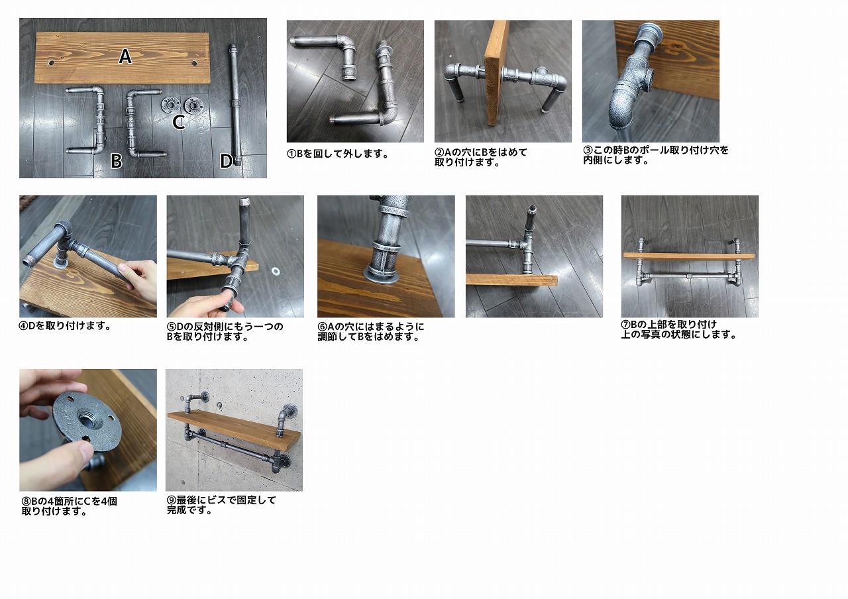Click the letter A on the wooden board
coord(125,56)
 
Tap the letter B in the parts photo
coord(117,161)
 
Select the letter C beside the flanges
coord(179,122)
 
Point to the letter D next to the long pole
coord(226,161)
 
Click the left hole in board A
coord(51,62)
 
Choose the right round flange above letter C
coord(193,105)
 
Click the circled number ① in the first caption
coord(291,154)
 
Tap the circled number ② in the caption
coord(439,152)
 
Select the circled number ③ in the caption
coord(588,150)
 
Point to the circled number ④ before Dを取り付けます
coord(23,325)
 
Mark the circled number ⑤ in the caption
coord(171,327)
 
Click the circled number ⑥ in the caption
coord(322,327)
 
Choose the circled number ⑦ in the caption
coord(626,325)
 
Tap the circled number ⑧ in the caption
coord(26,502)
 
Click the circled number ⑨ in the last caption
coord(172,500)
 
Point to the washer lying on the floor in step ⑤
coord(274,271)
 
